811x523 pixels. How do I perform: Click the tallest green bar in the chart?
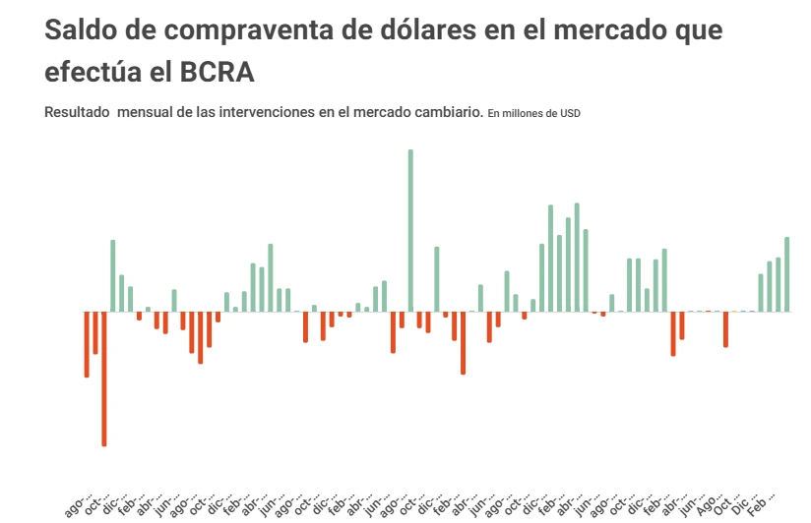point(410,230)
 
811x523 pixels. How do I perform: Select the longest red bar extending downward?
point(104,378)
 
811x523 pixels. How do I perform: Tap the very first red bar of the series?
point(87,344)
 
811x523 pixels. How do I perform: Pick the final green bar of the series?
point(787,274)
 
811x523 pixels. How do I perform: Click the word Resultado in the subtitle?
point(77,112)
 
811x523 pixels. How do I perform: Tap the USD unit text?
point(570,113)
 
